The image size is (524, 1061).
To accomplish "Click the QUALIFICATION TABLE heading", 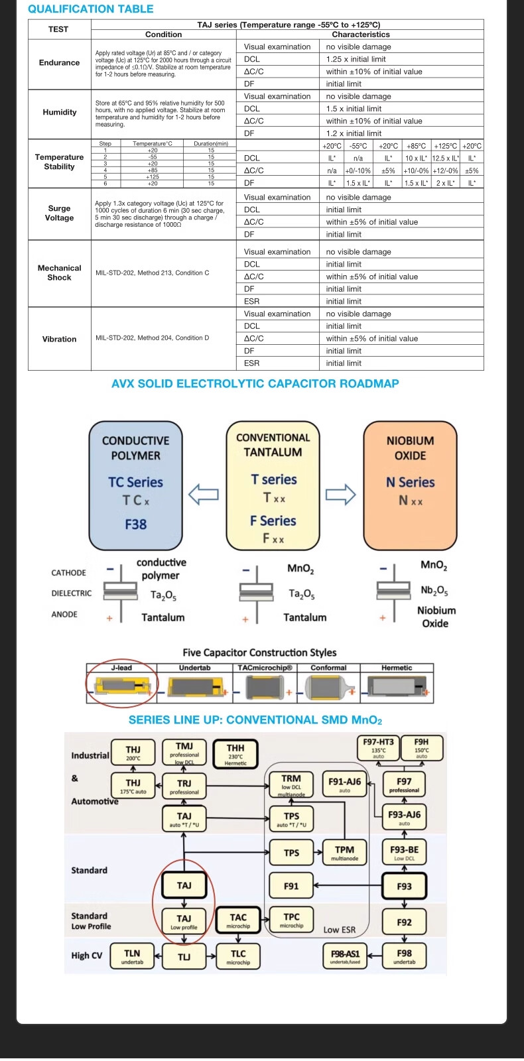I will (x=91, y=9).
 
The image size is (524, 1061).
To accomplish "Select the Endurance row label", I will (x=59, y=62).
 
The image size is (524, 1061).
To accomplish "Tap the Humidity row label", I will (x=59, y=112).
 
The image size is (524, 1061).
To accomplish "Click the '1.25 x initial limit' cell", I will (x=356, y=59).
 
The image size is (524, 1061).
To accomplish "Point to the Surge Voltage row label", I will (x=59, y=213).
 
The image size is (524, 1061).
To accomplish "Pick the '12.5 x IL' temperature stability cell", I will (x=446, y=158).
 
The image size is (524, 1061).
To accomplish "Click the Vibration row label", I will (x=59, y=339).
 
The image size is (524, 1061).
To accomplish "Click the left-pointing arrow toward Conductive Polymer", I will (x=204, y=493).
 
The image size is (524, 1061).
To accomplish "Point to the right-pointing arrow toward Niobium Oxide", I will (x=340, y=493).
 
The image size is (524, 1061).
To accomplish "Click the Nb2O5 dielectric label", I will (x=434, y=590).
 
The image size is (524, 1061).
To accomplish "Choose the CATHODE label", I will (x=68, y=573).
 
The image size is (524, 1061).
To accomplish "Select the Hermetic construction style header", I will (x=397, y=668).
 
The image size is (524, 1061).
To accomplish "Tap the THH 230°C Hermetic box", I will (x=235, y=754).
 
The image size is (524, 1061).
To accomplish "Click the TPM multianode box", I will (x=344, y=853).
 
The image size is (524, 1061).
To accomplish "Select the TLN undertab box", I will (x=132, y=956).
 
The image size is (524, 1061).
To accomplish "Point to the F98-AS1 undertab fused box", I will (x=345, y=956).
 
